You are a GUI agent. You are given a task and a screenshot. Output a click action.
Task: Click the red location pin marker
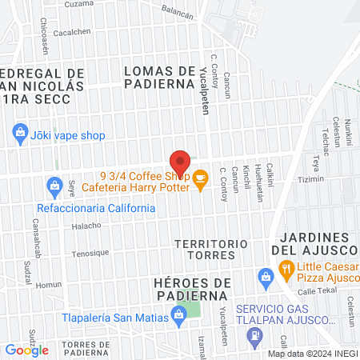pyautogui.click(x=180, y=164)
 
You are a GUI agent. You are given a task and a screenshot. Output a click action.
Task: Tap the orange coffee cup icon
pyautogui.click(x=199, y=182)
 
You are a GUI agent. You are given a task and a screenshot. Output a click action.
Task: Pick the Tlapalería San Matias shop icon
pyautogui.click(x=178, y=318)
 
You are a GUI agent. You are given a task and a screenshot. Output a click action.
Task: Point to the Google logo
pyautogui.click(x=26, y=350)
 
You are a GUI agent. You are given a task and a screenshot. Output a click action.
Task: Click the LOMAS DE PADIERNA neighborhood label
pyautogui.click(x=160, y=76)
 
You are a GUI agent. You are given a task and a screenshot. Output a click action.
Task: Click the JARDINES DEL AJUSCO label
pyautogui.click(x=316, y=245)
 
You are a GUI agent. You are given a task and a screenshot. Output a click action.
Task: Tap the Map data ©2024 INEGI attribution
pyautogui.click(x=313, y=354)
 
